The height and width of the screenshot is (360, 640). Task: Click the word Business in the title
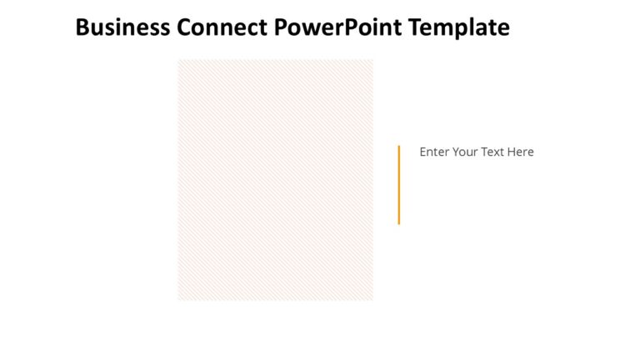click(x=122, y=28)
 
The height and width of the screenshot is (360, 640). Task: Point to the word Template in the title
click(x=459, y=28)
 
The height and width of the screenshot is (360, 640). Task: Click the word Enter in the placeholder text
click(x=434, y=152)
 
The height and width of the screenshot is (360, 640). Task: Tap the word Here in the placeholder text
click(x=521, y=152)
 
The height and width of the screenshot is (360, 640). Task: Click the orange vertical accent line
click(x=398, y=184)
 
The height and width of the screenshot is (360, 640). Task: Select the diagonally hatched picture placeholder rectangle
click(x=275, y=179)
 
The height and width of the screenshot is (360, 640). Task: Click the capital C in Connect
click(x=185, y=28)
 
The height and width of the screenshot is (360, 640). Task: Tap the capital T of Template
click(x=414, y=28)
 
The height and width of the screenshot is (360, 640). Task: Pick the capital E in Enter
click(x=423, y=152)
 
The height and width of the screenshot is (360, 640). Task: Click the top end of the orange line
click(x=398, y=147)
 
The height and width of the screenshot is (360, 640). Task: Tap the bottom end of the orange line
click(x=398, y=222)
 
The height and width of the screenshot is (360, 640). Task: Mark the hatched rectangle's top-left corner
click(x=178, y=60)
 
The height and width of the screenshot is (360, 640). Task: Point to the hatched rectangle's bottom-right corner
click(x=372, y=299)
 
